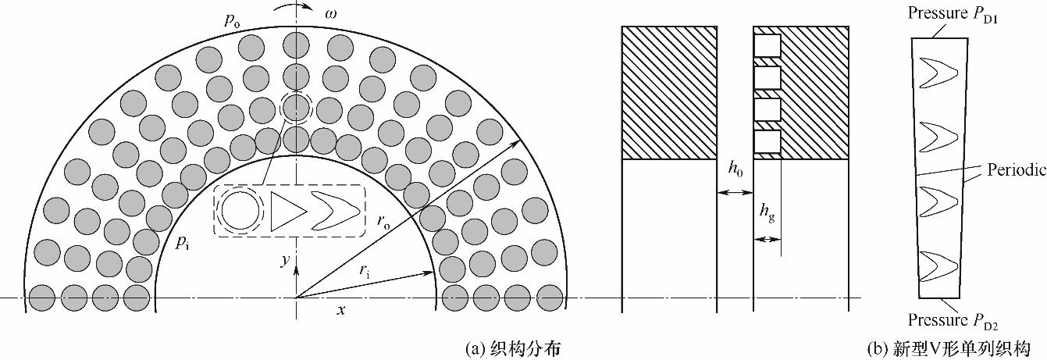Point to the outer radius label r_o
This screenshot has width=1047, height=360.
pyautogui.click(x=383, y=220)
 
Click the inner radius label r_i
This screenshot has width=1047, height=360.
pyautogui.click(x=364, y=271)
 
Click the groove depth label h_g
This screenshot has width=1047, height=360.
pyautogui.click(x=767, y=212)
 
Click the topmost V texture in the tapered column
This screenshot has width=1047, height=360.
pyautogui.click(x=936, y=73)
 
